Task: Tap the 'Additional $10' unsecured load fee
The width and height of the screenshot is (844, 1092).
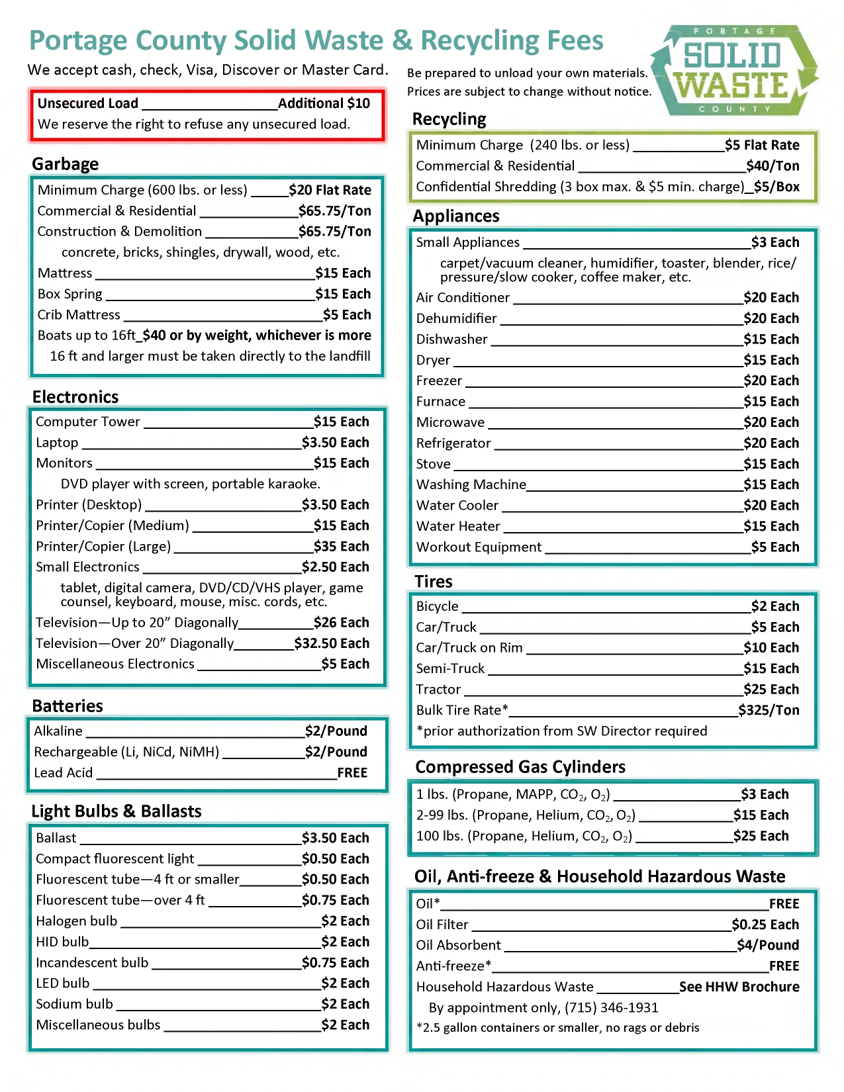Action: click(324, 103)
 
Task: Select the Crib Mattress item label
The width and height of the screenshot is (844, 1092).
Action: click(79, 315)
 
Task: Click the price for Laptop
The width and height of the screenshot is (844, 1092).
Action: click(335, 443)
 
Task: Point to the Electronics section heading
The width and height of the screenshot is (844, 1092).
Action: click(75, 397)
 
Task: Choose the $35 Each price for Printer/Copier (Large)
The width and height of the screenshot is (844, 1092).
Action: click(341, 547)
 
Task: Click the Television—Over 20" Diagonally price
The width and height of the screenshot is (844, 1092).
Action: click(332, 643)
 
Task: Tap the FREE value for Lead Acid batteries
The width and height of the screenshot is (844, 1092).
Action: click(352, 773)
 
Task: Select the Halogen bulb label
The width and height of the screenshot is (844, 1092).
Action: click(76, 921)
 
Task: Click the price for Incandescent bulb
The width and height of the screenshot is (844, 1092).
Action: click(335, 963)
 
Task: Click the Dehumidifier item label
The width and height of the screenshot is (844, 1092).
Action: click(456, 318)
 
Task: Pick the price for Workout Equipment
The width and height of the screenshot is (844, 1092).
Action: click(774, 547)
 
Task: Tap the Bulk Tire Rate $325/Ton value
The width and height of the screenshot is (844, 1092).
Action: click(769, 710)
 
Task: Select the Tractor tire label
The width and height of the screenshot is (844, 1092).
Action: click(438, 690)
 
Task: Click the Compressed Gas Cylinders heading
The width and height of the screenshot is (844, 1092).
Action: click(520, 767)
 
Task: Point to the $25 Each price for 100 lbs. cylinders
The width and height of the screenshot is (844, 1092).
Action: click(761, 837)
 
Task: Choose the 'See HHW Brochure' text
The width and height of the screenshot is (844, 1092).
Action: click(739, 987)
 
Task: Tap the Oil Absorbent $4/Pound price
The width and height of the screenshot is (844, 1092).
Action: click(768, 945)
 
